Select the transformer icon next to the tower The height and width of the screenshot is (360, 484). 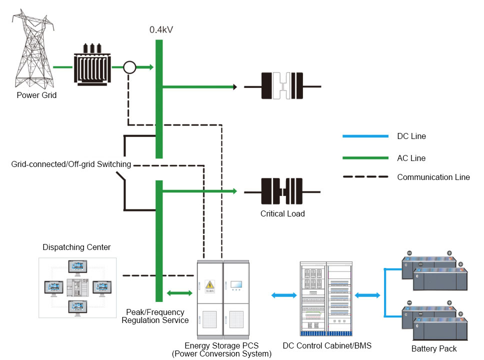pyautogui.click(x=92, y=66)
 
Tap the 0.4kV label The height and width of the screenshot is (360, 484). pyautogui.click(x=161, y=30)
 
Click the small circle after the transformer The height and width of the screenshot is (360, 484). pyautogui.click(x=129, y=67)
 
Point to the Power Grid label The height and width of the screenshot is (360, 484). pyautogui.click(x=36, y=95)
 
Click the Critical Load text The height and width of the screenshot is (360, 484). pyautogui.click(x=282, y=213)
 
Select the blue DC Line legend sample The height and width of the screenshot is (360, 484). pyautogui.click(x=365, y=136)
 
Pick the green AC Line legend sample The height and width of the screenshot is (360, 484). pyautogui.click(x=365, y=158)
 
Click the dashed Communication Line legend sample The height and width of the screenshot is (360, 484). pyautogui.click(x=365, y=176)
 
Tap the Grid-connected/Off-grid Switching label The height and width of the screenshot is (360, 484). pyautogui.click(x=71, y=164)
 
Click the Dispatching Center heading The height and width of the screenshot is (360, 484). pyautogui.click(x=76, y=247)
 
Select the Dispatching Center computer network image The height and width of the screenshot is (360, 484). pyautogui.click(x=77, y=288)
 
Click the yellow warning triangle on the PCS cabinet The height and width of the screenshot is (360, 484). pyautogui.click(x=210, y=285)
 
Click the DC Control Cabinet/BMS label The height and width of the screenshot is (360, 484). pyautogui.click(x=327, y=345)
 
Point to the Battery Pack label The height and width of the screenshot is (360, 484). pyautogui.click(x=434, y=348)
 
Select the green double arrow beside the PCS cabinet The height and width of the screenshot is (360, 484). pyautogui.click(x=179, y=292)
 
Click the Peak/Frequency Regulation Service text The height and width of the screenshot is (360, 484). pyautogui.click(x=155, y=316)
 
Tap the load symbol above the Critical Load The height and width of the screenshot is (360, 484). pyautogui.click(x=282, y=191)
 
